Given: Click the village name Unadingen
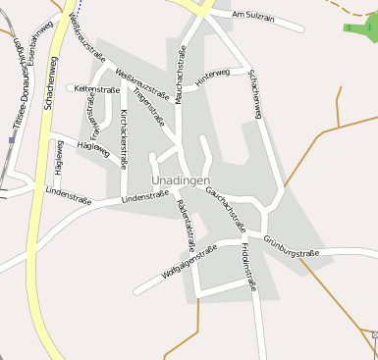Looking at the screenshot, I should pyautogui.click(x=182, y=181).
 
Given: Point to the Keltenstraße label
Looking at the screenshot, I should pyautogui.click(x=97, y=89).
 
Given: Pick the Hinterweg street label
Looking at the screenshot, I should pyautogui.click(x=212, y=79).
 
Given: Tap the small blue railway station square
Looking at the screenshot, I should pyautogui.click(x=12, y=139).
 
